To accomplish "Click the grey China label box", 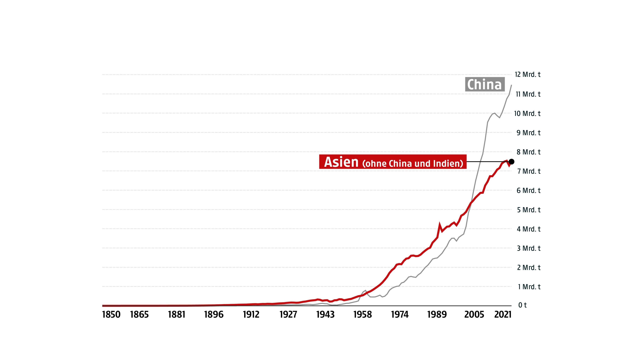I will click(485, 84).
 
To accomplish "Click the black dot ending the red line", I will click(511, 162).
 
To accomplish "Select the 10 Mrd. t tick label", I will click(527, 113).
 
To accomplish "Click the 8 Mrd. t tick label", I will click(528, 152).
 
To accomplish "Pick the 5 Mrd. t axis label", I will click(528, 210).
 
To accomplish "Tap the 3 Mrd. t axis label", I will click(528, 248).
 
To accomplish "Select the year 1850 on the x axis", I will click(111, 314).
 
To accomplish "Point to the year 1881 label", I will click(177, 314).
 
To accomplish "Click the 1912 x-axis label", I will click(251, 314).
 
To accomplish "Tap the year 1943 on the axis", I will click(325, 314).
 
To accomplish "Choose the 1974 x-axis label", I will click(400, 314).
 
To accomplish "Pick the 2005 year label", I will click(474, 314).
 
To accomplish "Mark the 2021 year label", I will click(503, 314).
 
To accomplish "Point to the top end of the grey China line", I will click(511, 85).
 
